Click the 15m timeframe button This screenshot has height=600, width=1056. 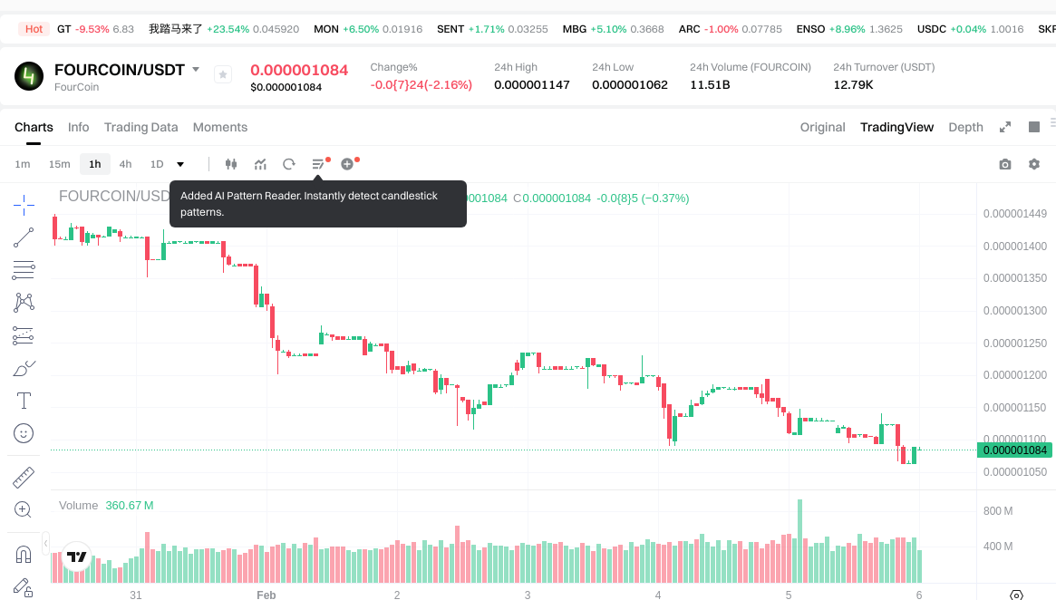(x=59, y=164)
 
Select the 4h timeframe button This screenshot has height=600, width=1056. (x=125, y=164)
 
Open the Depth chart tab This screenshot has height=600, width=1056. (x=965, y=127)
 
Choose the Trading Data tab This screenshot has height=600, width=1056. (x=140, y=127)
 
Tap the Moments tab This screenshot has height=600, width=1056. (x=220, y=127)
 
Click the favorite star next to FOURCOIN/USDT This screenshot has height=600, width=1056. (x=223, y=74)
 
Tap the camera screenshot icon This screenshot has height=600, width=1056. (x=1004, y=164)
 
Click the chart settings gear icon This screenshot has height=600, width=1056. (x=1034, y=164)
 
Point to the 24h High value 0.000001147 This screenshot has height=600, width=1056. (x=531, y=84)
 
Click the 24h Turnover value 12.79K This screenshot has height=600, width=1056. (x=853, y=84)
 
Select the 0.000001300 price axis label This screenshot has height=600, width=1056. (x=1015, y=311)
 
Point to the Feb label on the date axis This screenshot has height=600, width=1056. (x=266, y=595)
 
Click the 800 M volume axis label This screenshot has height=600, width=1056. (x=998, y=511)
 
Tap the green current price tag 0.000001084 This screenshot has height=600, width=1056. (x=1015, y=450)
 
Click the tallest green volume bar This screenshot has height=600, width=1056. (x=799, y=540)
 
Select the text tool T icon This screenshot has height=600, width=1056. (x=24, y=401)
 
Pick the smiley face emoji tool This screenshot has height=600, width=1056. (x=24, y=433)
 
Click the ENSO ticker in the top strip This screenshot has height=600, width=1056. (x=810, y=29)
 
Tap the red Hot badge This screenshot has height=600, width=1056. (x=34, y=29)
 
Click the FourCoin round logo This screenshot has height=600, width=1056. (x=29, y=76)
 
